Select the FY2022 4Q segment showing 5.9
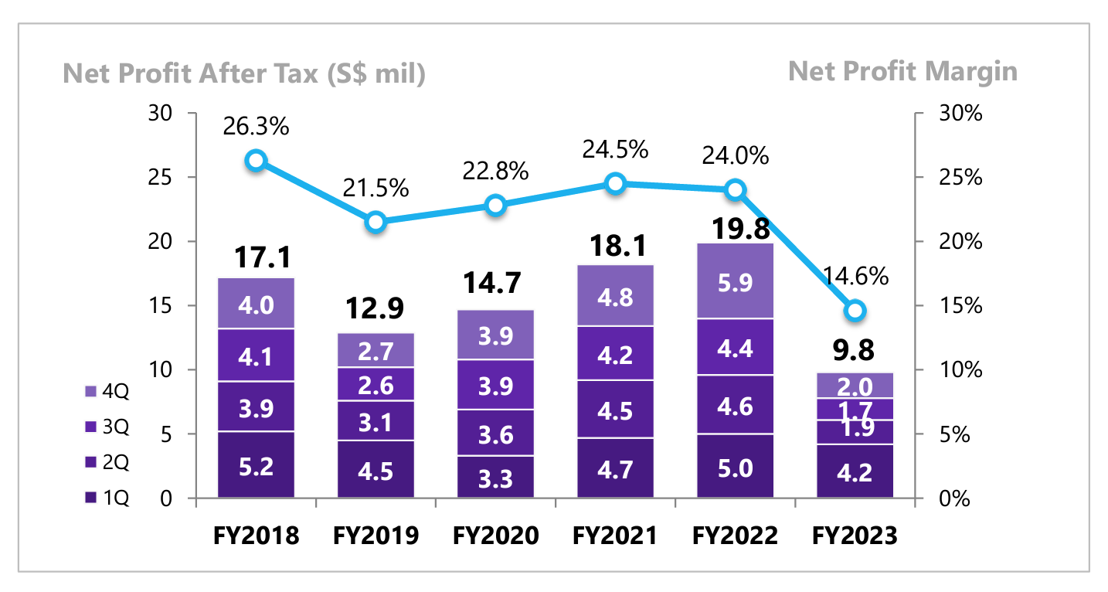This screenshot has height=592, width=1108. [x=735, y=281]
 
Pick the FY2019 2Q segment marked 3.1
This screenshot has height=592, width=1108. [x=376, y=420]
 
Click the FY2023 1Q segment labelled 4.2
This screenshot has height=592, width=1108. [x=855, y=471]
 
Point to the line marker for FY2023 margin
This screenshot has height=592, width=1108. [x=855, y=311]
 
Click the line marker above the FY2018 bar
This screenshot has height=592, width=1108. [x=256, y=161]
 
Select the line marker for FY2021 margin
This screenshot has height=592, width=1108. [x=615, y=183]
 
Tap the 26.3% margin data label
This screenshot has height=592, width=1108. [x=256, y=127]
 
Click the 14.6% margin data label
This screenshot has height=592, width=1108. [x=855, y=276]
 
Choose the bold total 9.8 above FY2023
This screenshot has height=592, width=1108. [x=855, y=350]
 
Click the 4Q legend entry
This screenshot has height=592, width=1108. [x=110, y=392]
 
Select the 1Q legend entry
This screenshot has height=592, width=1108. [x=110, y=498]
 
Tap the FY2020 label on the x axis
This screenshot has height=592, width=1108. [x=495, y=536]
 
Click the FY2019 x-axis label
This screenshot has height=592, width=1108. [x=376, y=536]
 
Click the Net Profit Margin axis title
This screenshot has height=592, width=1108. [x=902, y=72]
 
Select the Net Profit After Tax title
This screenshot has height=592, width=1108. [x=244, y=73]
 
